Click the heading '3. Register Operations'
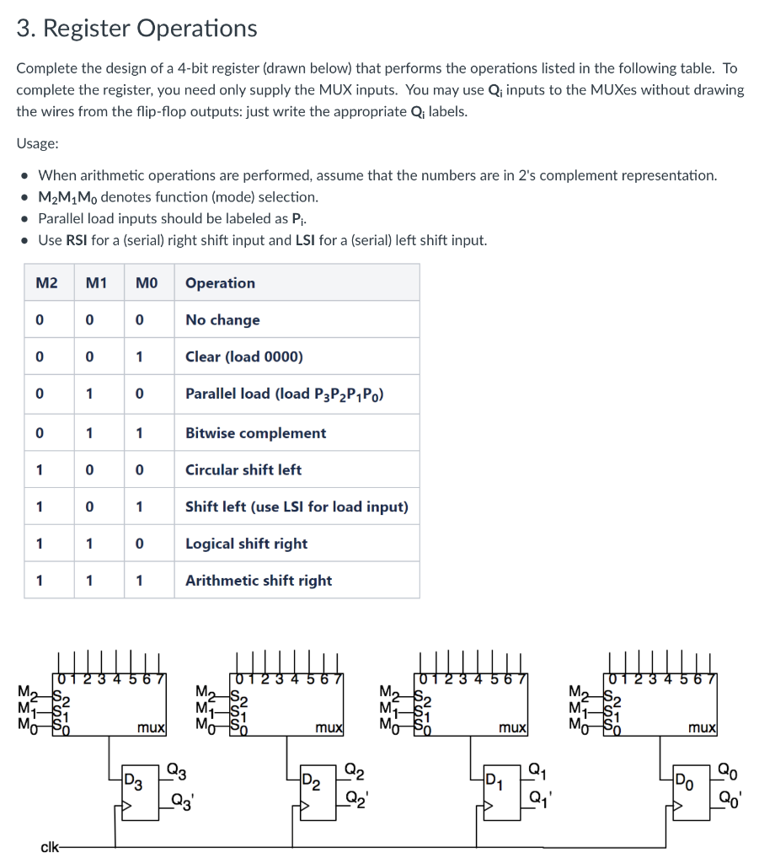(136, 29)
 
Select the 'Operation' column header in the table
(220, 283)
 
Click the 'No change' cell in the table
(222, 320)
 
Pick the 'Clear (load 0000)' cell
(243, 356)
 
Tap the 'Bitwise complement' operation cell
(255, 433)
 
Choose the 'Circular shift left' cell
(243, 470)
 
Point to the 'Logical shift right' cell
(246, 544)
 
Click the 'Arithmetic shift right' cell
(259, 581)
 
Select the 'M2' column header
(47, 283)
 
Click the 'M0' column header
(147, 283)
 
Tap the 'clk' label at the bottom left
(50, 845)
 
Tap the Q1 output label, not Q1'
(536, 769)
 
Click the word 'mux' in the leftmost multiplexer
(152, 726)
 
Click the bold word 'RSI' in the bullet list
(78, 240)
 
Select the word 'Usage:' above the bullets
(37, 143)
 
